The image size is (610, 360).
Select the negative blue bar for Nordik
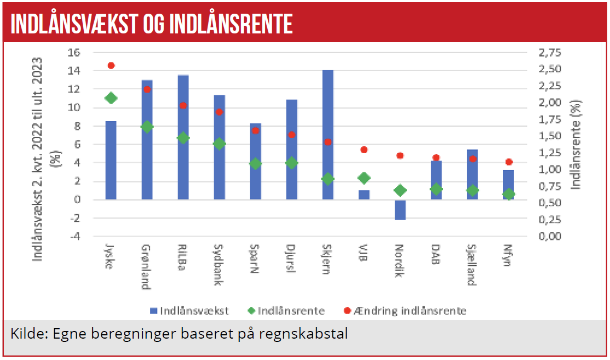[400, 209]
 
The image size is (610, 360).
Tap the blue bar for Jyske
[111, 160]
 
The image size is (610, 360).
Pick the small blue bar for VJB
[364, 195]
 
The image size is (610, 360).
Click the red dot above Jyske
[111, 65]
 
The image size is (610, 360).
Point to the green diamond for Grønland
[147, 127]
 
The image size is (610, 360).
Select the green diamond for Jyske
[111, 98]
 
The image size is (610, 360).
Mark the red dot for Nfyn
[508, 162]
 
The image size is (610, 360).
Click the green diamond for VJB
[364, 178]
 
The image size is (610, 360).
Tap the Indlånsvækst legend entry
[189, 311]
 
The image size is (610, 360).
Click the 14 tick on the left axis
[74, 71]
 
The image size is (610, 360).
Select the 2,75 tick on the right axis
[550, 53]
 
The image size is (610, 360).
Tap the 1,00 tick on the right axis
[550, 169]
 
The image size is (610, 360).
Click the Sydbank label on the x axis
[219, 263]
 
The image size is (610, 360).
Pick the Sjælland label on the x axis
[472, 265]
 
